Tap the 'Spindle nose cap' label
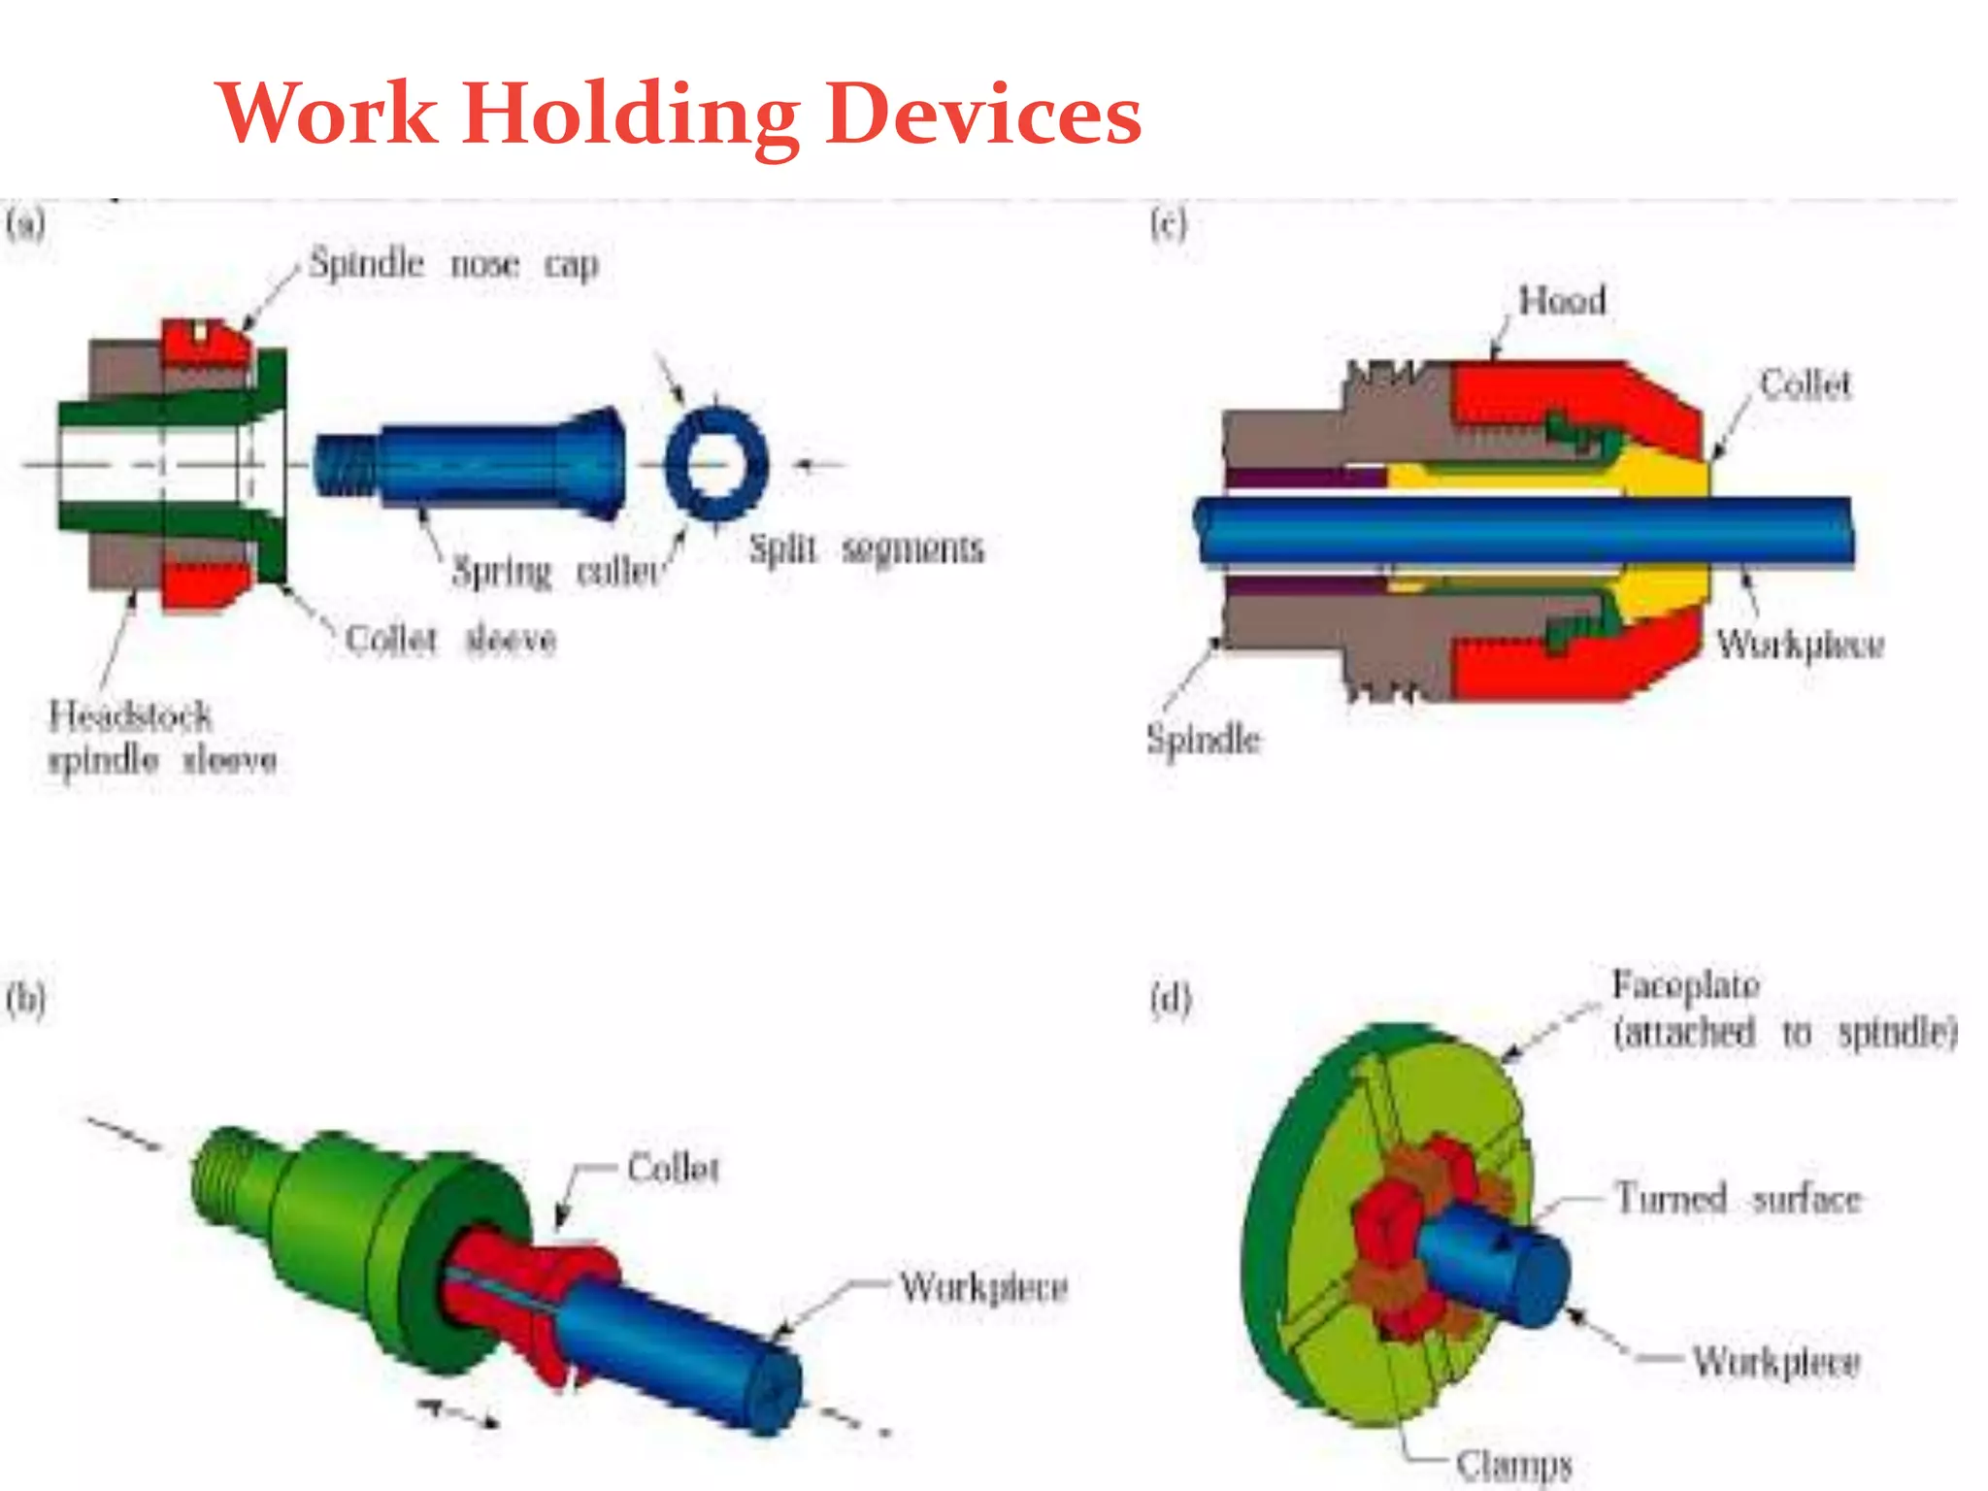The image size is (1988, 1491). point(453,264)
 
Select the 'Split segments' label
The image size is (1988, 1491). point(866,549)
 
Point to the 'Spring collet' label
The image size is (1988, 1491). point(557,571)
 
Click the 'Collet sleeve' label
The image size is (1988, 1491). point(450,640)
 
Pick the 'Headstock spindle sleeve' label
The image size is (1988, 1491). point(161,738)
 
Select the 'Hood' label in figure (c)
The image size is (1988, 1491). point(1562,301)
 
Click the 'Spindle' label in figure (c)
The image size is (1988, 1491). point(1203,740)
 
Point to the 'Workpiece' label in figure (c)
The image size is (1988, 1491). point(1800,645)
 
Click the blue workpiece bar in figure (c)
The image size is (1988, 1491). point(1524,531)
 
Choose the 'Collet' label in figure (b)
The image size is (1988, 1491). point(673,1168)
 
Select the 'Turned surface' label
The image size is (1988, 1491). point(1738,1200)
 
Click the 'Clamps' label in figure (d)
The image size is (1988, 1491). point(1513,1465)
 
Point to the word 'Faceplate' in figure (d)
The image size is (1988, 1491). point(1686,985)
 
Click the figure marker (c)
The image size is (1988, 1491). point(1168,225)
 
